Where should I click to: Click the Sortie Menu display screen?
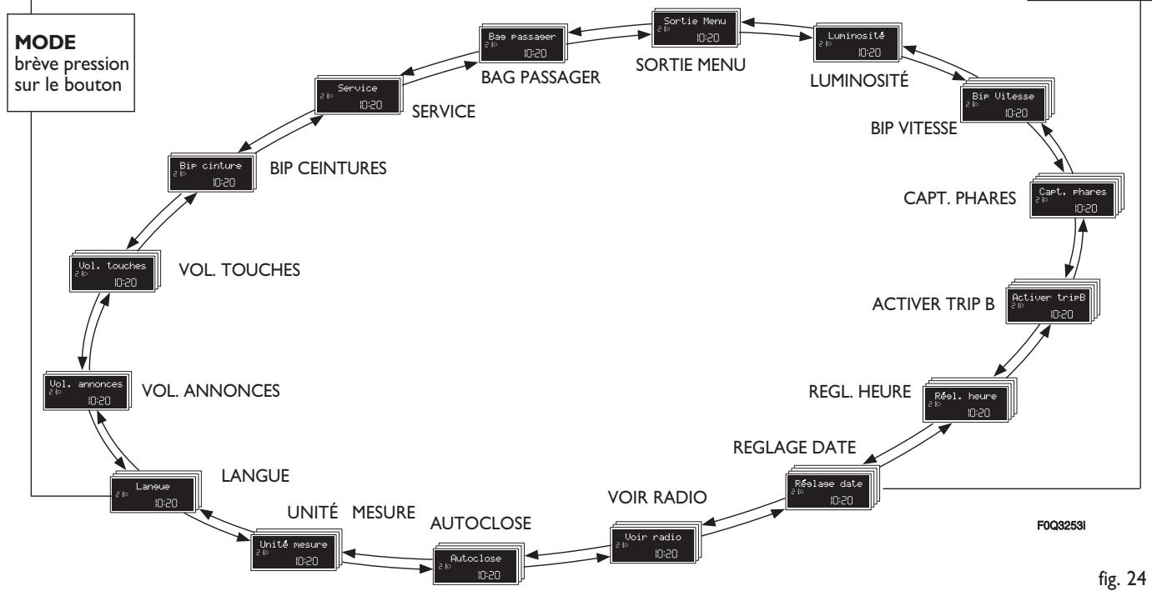(696, 28)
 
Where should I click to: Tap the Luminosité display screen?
(858, 43)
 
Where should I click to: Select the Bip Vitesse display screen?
(1007, 101)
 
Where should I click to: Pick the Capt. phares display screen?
(1076, 197)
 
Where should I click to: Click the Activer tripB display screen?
(1052, 302)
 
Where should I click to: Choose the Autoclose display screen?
(478, 563)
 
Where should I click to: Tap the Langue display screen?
(155, 492)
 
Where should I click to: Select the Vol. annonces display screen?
(87, 391)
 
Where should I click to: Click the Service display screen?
(358, 96)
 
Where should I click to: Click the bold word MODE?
(45, 43)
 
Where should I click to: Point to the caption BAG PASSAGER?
(541, 77)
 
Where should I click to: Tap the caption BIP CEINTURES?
(328, 168)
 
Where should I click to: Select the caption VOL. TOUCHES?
(239, 270)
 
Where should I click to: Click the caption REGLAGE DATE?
(794, 448)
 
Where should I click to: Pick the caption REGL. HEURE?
(859, 392)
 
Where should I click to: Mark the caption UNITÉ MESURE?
(350, 513)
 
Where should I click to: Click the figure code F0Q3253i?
(1061, 526)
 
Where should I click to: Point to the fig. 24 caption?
(1122, 578)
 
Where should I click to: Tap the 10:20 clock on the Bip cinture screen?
(224, 183)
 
